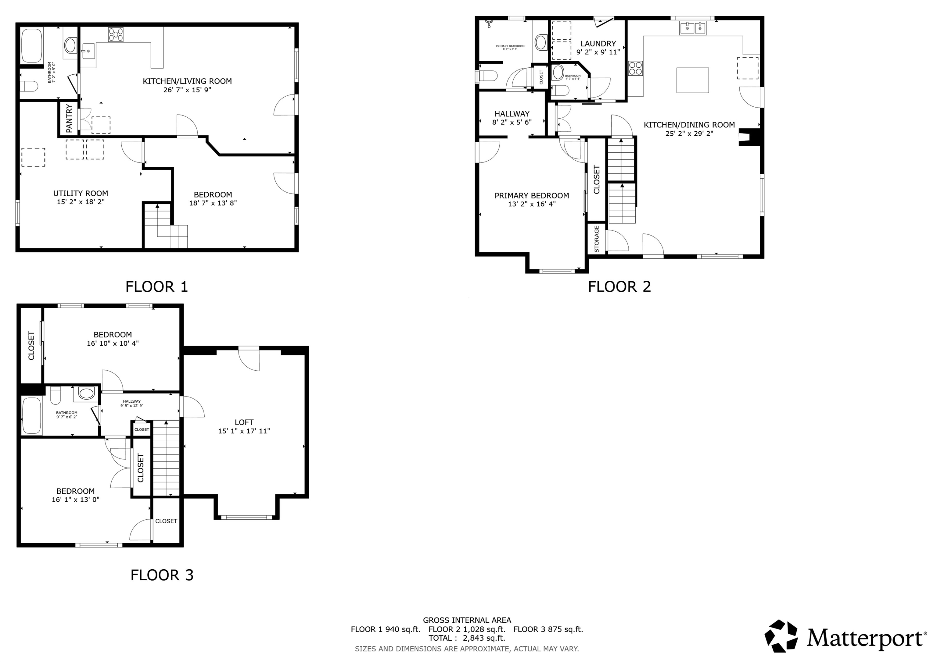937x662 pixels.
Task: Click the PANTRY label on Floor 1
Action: (x=69, y=118)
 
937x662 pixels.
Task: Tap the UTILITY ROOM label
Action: (x=81, y=193)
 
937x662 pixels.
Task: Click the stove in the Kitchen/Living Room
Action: (x=116, y=34)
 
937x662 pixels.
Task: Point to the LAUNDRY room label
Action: (x=598, y=44)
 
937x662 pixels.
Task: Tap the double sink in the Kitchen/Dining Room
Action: (x=693, y=28)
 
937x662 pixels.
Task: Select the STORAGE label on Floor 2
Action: (x=597, y=239)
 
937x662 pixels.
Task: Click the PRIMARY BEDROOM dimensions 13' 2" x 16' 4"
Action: (x=531, y=204)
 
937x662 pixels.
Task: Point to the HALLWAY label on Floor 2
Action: (x=512, y=114)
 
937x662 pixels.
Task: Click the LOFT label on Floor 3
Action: (x=244, y=422)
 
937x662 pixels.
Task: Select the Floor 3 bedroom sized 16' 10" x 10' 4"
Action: (x=113, y=339)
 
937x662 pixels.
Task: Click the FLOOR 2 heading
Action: (x=619, y=287)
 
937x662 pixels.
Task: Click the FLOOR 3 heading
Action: (x=162, y=575)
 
